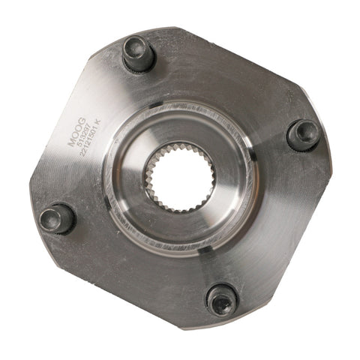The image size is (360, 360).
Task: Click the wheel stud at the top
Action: click(139, 54)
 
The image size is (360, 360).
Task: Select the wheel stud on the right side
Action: click(304, 135)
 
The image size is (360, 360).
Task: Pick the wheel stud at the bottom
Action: click(222, 300)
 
